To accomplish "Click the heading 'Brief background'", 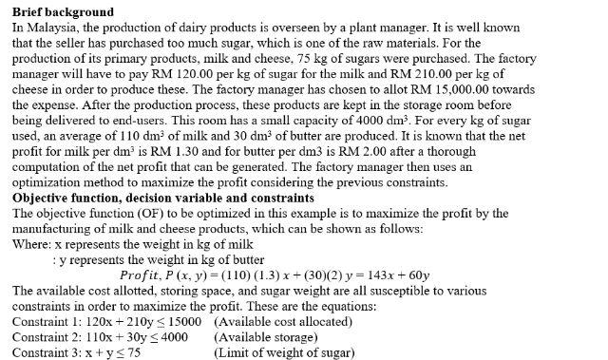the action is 63,12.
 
